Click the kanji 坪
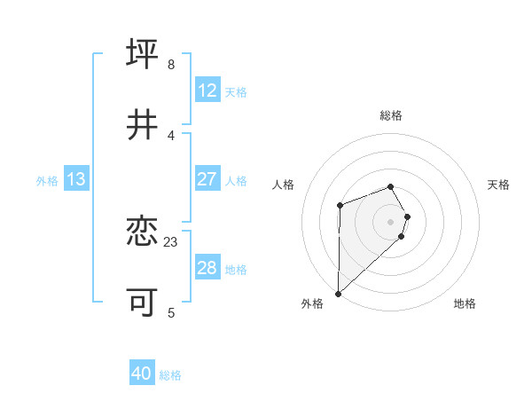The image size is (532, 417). pyautogui.click(x=143, y=54)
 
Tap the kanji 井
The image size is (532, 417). pyautogui.click(x=143, y=125)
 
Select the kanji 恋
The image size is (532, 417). pyautogui.click(x=143, y=232)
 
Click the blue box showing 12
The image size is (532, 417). pyautogui.click(x=207, y=90)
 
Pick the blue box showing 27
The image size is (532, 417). pyautogui.click(x=207, y=179)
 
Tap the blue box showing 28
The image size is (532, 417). pyautogui.click(x=207, y=268)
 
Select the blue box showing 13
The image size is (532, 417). pyautogui.click(x=76, y=179)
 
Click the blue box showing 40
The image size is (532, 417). pyautogui.click(x=142, y=374)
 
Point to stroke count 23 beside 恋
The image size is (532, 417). pyautogui.click(x=171, y=241)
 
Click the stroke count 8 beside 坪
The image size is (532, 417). pyautogui.click(x=170, y=64)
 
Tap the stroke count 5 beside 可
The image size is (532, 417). pyautogui.click(x=170, y=312)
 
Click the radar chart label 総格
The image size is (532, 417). pyautogui.click(x=391, y=115)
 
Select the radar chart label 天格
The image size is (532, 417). pyautogui.click(x=499, y=185)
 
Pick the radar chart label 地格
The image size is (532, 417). pyautogui.click(x=465, y=303)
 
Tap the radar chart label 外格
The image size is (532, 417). pyautogui.click(x=312, y=303)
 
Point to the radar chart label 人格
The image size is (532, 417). pyautogui.click(x=284, y=185)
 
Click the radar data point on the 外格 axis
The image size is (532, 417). pyautogui.click(x=338, y=293)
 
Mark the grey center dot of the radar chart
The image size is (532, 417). pyautogui.click(x=391, y=221)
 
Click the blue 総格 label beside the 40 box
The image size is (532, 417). pyautogui.click(x=170, y=375)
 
